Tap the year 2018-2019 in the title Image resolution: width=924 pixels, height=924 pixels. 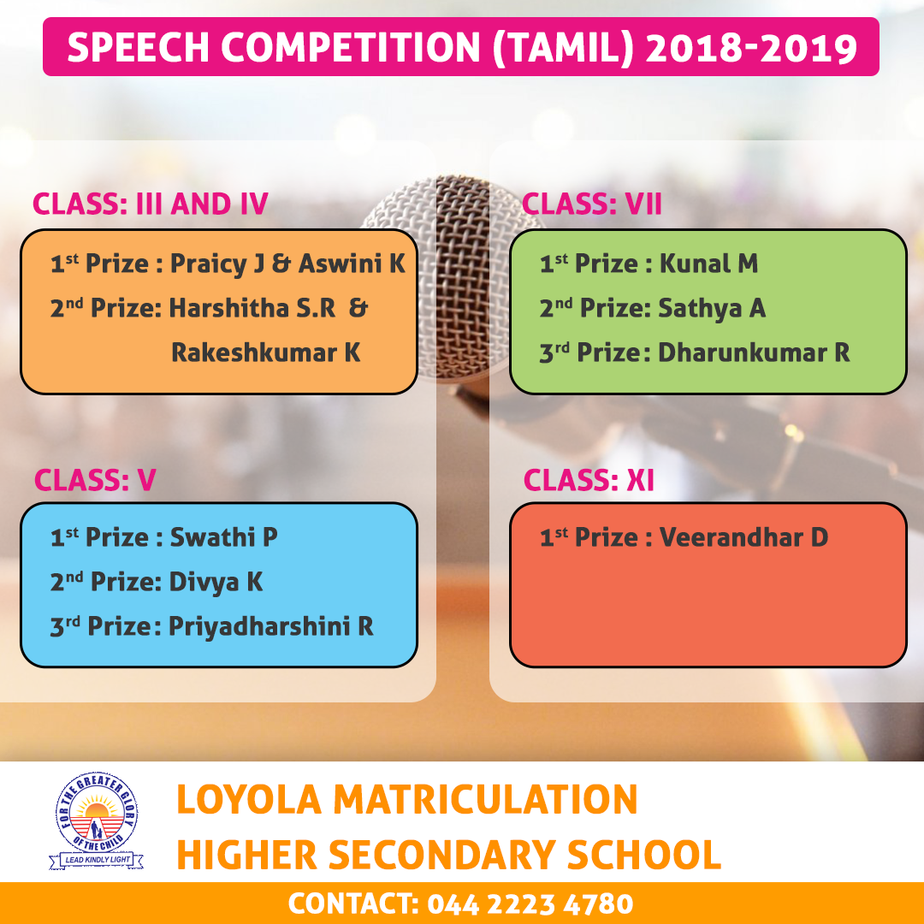click(x=751, y=47)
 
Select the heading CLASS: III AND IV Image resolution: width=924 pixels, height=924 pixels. click(x=151, y=204)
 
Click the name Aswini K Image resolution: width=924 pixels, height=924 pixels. click(x=352, y=264)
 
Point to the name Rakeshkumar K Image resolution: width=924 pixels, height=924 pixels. click(x=266, y=352)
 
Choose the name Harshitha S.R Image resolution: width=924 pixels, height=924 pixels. click(x=252, y=308)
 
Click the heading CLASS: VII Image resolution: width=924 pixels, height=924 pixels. click(x=592, y=204)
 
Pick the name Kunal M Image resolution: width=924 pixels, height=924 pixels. click(x=708, y=264)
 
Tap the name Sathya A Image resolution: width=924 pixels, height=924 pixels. click(x=712, y=308)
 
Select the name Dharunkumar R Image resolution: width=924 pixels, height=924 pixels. click(x=754, y=352)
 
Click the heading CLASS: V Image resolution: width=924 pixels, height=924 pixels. click(x=95, y=480)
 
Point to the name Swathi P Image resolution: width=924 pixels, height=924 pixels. click(x=224, y=536)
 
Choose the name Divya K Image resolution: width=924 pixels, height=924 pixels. click(x=216, y=582)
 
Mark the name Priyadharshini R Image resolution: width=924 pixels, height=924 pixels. click(x=271, y=625)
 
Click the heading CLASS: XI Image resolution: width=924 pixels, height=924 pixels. click(x=589, y=480)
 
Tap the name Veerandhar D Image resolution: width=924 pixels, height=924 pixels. click(x=743, y=536)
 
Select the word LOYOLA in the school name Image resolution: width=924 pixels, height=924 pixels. click(x=249, y=800)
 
